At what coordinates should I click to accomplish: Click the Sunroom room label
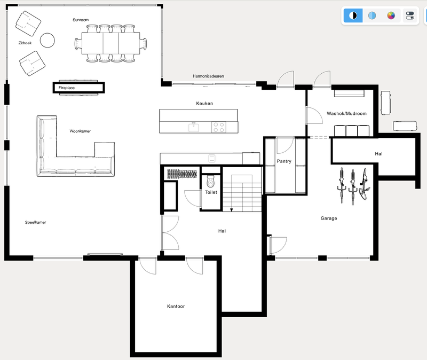pos(81,20)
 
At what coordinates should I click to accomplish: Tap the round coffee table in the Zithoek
pos(48,40)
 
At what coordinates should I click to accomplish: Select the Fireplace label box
pos(78,87)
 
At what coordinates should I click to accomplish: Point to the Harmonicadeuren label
pos(208,76)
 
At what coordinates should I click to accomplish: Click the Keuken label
pos(204,103)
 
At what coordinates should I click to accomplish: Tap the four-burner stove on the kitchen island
pos(219,127)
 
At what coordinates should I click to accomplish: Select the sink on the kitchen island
pos(193,127)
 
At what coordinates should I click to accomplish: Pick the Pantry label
pos(283,161)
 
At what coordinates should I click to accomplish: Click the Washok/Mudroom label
pos(346,114)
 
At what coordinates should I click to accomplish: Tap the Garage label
pos(329,218)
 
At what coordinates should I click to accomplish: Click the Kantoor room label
pos(176,307)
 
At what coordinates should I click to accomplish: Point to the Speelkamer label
pos(35,222)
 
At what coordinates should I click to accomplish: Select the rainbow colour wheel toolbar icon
pos(391,15)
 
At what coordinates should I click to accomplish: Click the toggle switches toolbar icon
pos(410,15)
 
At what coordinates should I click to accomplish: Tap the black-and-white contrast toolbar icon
pos(352,15)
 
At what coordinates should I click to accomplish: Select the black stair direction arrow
pos(231,209)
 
